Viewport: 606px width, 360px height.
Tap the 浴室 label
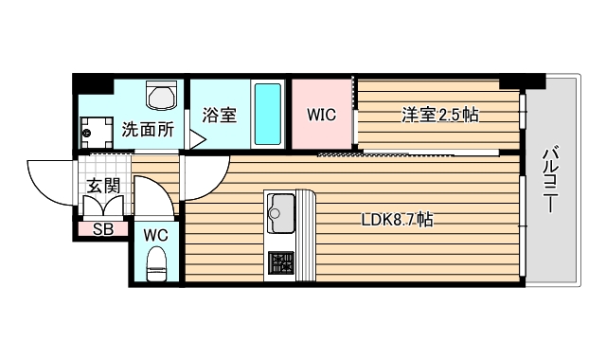219,116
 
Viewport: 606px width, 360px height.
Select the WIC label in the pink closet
322,116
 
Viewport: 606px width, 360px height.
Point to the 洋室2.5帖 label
439,116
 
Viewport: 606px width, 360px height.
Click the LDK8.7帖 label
398,220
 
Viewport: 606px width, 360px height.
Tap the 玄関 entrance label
103,186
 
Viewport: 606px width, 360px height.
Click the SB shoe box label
103,228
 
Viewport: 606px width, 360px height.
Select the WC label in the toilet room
156,235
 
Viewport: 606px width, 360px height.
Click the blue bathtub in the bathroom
268,114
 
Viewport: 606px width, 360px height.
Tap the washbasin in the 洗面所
162,98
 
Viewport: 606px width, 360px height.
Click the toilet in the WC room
157,261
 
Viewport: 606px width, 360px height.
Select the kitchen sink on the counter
281,211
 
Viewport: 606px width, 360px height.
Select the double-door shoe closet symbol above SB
105,207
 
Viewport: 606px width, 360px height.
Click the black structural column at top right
515,80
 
